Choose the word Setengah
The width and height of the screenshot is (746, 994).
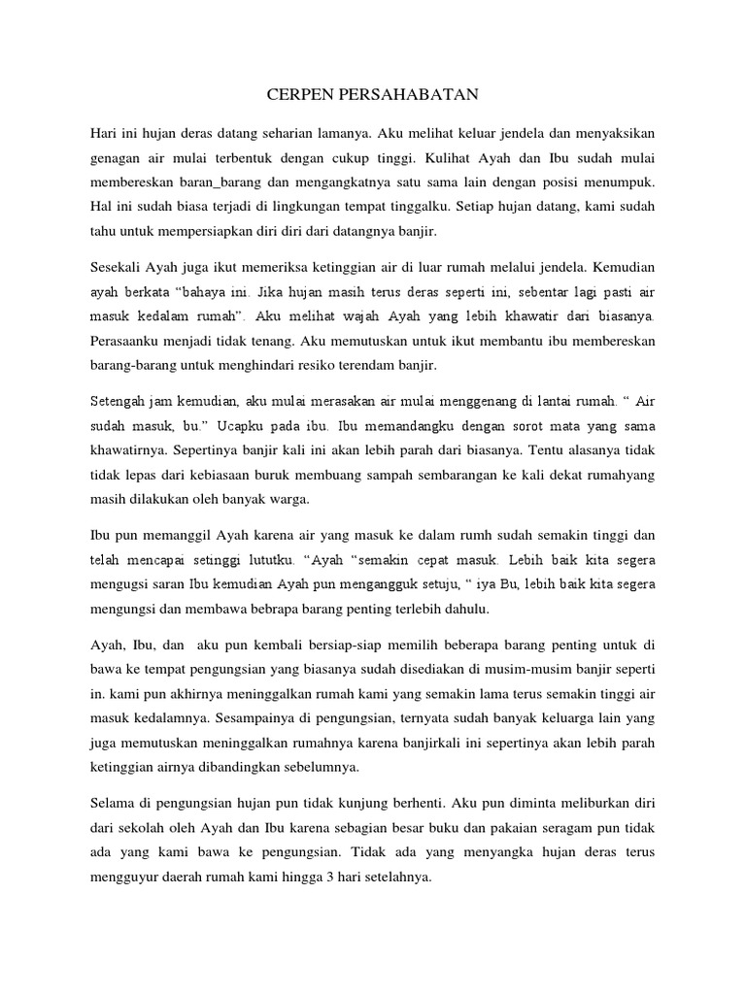click(119, 399)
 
